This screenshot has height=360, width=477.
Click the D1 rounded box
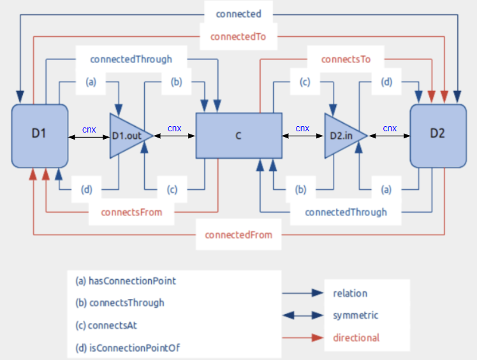coord(40,135)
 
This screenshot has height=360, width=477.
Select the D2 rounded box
coord(437,135)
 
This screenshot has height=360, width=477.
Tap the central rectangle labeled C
coord(238,136)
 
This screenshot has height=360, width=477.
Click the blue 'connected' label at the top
coord(238,13)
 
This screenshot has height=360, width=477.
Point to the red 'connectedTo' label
coord(238,37)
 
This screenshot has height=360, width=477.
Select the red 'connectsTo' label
coord(346,59)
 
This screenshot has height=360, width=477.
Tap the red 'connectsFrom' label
coord(131,212)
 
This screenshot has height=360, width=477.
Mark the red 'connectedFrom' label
coord(238,234)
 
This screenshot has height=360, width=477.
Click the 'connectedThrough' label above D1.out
coord(131,59)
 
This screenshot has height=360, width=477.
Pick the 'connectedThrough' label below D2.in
coord(346,212)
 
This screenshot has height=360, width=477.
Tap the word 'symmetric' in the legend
coord(356,315)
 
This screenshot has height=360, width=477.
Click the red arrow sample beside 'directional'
coord(303,338)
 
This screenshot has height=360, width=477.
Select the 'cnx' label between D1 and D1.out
coord(89,129)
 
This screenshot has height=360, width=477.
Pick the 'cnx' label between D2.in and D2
coord(390,129)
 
